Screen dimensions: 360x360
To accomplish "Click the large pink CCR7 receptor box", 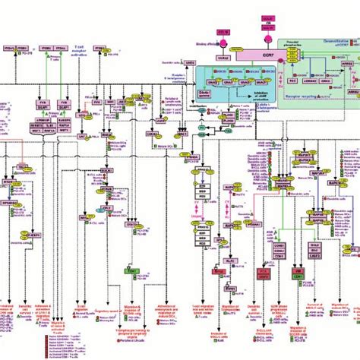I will (x=246, y=55).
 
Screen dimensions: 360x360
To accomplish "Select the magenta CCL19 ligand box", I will (x=223, y=31).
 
